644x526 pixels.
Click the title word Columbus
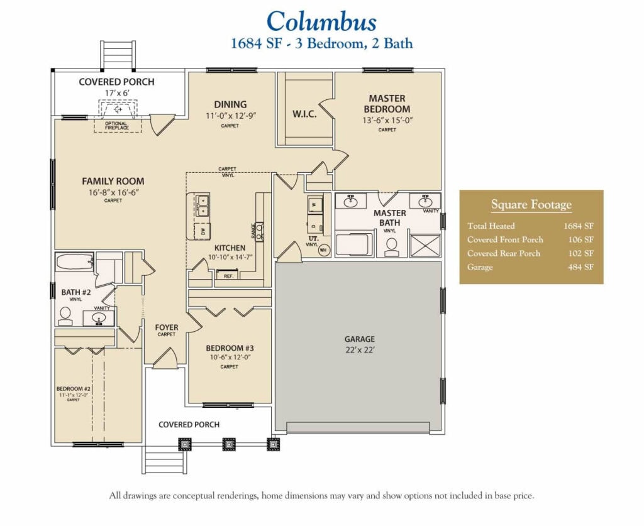pyautogui.click(x=321, y=21)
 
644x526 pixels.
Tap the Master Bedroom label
pyautogui.click(x=387, y=104)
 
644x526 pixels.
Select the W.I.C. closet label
pyautogui.click(x=304, y=114)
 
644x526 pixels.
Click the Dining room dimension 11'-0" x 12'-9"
pyautogui.click(x=230, y=116)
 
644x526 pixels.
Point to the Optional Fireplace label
pyautogui.click(x=116, y=126)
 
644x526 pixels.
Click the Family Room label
pyautogui.click(x=113, y=182)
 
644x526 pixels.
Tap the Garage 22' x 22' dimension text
pyautogui.click(x=359, y=350)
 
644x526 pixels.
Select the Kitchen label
pyautogui.click(x=230, y=248)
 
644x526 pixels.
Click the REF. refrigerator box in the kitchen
pyautogui.click(x=225, y=276)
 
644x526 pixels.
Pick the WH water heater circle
pyautogui.click(x=324, y=249)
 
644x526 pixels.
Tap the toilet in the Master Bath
pyautogui.click(x=391, y=246)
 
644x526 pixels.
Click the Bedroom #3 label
pyautogui.click(x=230, y=348)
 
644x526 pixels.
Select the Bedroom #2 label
pyautogui.click(x=74, y=389)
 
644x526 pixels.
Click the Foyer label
pyautogui.click(x=167, y=327)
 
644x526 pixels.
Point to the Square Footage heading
pyautogui.click(x=531, y=205)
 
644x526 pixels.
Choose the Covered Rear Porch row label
pyautogui.click(x=504, y=253)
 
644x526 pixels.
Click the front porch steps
pyautogui.click(x=164, y=459)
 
